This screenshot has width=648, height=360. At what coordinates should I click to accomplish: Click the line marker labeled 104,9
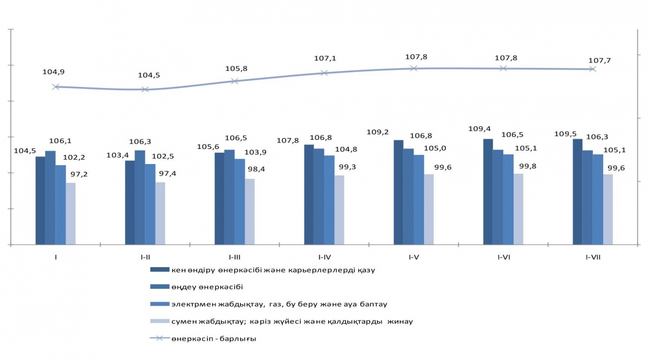[x=56, y=86]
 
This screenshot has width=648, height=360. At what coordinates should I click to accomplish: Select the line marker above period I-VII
[x=592, y=69]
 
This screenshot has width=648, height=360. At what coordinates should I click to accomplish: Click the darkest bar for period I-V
[x=399, y=192]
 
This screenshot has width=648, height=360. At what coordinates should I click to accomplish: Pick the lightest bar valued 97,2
[x=71, y=214]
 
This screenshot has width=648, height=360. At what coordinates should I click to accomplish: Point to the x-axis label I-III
[x=234, y=257]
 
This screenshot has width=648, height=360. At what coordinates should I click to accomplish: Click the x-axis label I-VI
[x=503, y=257]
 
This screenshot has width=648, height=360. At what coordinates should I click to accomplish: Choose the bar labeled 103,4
[x=130, y=202]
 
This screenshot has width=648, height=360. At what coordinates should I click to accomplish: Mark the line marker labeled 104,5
[x=145, y=89]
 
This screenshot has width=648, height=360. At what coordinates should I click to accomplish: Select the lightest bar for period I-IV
[x=339, y=210]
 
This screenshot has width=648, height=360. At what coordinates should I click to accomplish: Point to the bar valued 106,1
[x=50, y=198]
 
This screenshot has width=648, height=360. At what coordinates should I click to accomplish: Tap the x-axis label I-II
[x=145, y=257]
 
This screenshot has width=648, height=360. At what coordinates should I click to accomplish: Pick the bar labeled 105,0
[x=418, y=200]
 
